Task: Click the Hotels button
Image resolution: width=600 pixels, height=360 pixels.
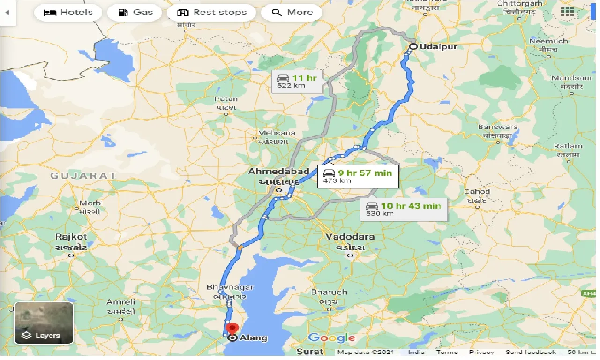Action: tap(68, 12)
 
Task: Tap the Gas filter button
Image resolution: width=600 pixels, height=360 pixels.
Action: tap(135, 12)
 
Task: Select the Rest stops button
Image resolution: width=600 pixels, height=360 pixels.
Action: tap(211, 12)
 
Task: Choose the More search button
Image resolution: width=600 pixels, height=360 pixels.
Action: tap(292, 12)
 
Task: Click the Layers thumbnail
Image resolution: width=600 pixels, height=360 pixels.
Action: tap(44, 323)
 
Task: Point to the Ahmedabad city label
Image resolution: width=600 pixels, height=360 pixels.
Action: tap(279, 172)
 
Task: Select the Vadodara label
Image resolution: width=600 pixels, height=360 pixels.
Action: tap(350, 237)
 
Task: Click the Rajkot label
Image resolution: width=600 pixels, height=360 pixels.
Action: tap(71, 237)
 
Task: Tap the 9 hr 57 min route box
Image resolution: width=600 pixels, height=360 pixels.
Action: tap(357, 176)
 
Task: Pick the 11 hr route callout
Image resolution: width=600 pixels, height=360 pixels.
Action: tap(297, 81)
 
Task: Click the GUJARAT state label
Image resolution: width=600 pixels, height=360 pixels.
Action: tap(83, 175)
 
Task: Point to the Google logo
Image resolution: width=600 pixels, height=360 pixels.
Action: tap(331, 338)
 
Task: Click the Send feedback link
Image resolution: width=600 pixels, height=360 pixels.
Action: tap(530, 352)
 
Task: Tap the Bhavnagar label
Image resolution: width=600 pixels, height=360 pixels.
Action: tap(230, 287)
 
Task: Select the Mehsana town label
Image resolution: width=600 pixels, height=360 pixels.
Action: tap(277, 133)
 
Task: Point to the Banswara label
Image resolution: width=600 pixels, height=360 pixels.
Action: tap(498, 127)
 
